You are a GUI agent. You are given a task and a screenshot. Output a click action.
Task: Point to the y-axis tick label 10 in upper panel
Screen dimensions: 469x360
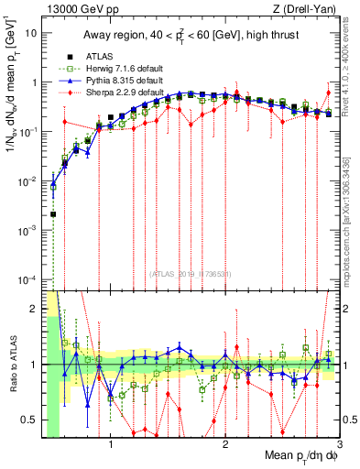point(31,32)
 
